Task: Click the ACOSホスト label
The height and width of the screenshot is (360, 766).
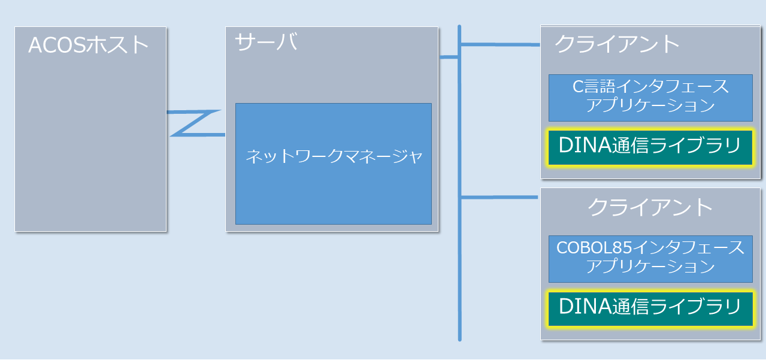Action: pos(89,45)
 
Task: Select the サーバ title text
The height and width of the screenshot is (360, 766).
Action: pos(266,43)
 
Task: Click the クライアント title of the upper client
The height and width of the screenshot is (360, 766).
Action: pos(617,44)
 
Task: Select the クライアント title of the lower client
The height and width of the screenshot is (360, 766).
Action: pos(650,207)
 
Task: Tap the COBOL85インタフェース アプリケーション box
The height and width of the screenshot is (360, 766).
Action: pos(650,258)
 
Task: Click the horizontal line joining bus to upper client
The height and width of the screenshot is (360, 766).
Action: pos(499,44)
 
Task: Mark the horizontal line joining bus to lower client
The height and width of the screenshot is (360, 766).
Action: pos(499,197)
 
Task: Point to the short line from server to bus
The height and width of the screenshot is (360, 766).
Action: pos(449,58)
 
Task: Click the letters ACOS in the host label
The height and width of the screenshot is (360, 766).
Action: pos(57,45)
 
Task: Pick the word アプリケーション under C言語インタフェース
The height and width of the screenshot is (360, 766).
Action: pos(650,106)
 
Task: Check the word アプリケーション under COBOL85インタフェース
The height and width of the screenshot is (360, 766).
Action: pos(650,267)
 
